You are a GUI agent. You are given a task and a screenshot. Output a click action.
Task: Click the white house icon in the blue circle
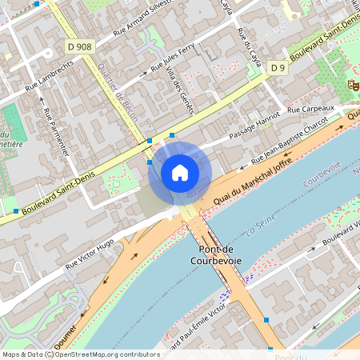(180, 172)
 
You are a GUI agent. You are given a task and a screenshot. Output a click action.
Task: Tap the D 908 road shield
(80, 47)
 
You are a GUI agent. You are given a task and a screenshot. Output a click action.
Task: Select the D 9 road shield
(278, 68)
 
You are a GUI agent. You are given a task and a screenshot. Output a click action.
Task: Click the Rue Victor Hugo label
(90, 252)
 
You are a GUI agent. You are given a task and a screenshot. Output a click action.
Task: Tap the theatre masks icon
(352, 83)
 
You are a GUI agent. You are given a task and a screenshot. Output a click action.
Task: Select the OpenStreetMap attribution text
(80, 354)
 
